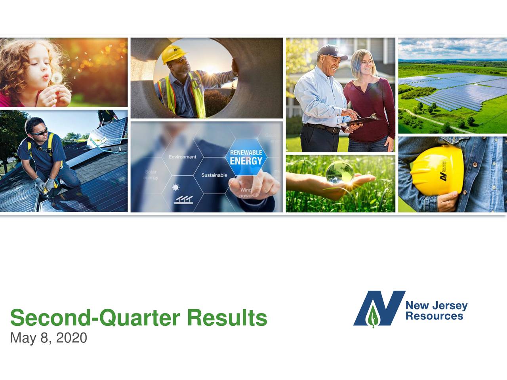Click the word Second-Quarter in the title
(95, 318)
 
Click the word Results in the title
(227, 318)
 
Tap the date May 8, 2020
(48, 338)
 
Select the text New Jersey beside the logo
(436, 306)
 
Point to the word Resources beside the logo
(434, 316)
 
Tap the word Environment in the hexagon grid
(182, 157)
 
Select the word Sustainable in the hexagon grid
(214, 175)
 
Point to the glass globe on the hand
(340, 171)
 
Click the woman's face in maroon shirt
(362, 63)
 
